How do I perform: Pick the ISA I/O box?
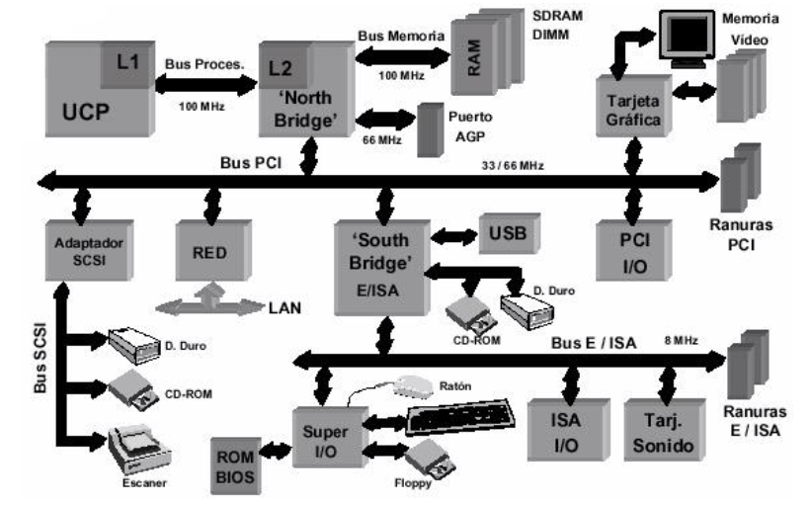pos(565,432)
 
